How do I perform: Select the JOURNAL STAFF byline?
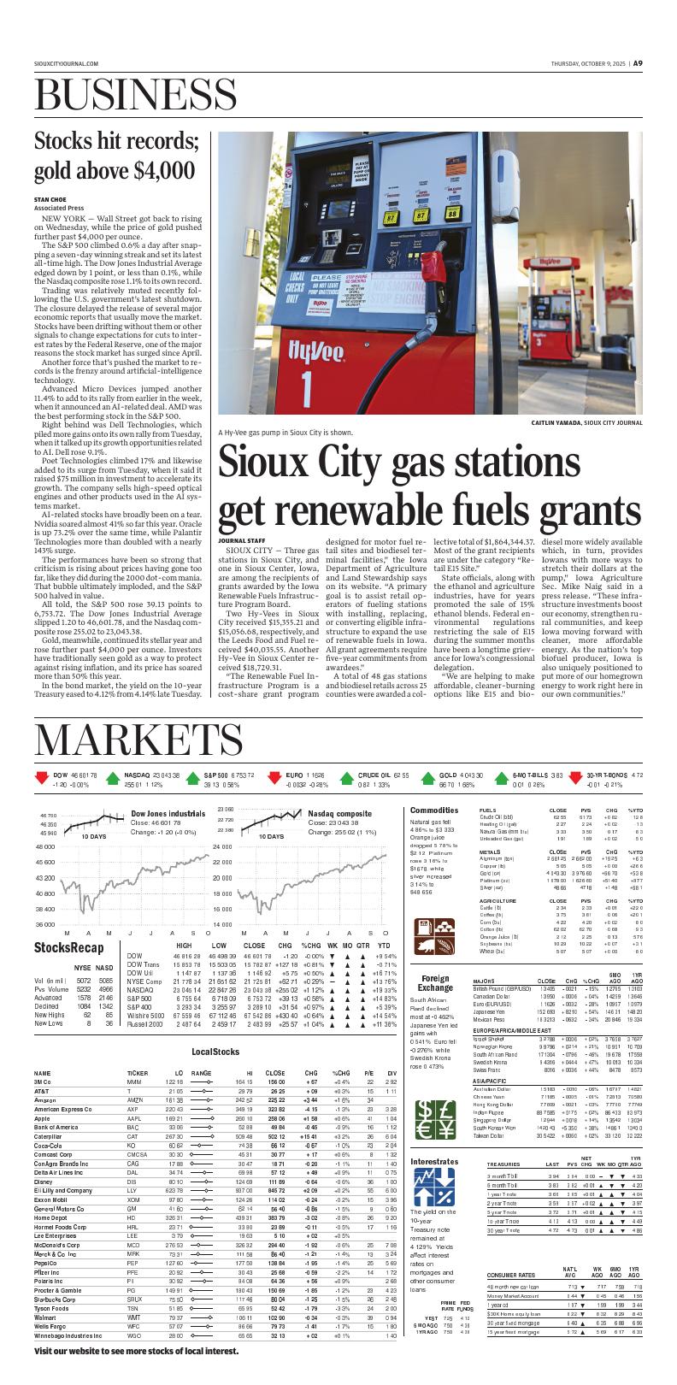pyautogui.click(x=241, y=540)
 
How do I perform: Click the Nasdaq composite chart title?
pyautogui.click(x=339, y=814)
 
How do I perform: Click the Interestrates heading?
pyautogui.click(x=434, y=1161)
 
